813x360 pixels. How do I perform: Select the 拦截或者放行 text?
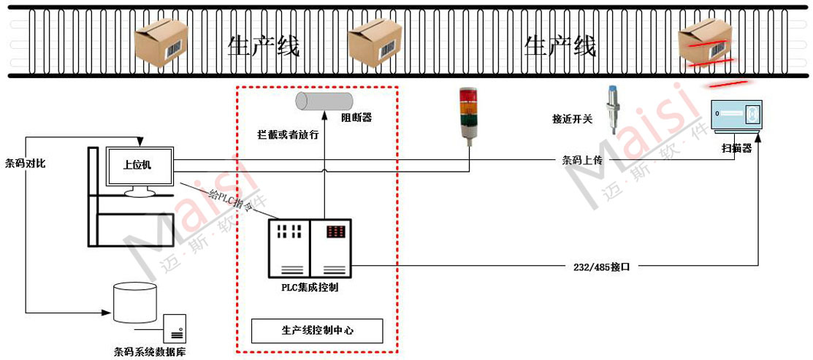pos(288,135)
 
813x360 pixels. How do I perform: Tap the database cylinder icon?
pos(135,302)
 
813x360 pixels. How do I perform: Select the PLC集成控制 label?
pos(310,288)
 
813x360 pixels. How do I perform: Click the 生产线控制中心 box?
pos(317,330)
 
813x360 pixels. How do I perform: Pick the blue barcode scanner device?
pos(736,117)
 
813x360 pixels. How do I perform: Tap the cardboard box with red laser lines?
pos(706,45)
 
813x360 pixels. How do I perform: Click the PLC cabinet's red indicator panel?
pos(336,231)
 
